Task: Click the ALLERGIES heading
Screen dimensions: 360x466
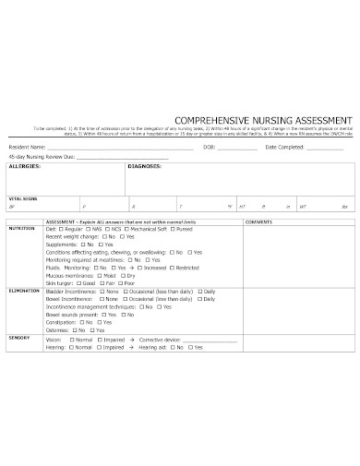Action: [x=24, y=167]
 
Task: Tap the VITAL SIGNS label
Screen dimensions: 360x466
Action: [x=23, y=198]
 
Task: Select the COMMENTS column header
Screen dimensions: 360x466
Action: [x=259, y=222]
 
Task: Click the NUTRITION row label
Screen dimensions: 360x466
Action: [x=22, y=229]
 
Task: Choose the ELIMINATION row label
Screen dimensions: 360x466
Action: [x=24, y=290]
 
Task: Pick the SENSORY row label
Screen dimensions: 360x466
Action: [x=19, y=338]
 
